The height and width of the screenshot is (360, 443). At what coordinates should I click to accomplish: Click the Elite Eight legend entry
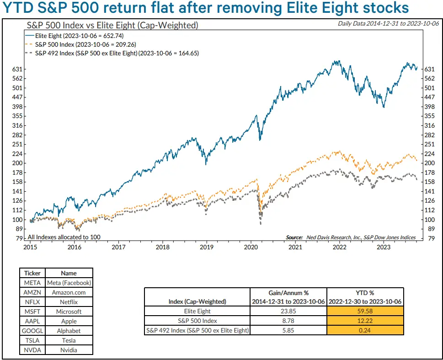(x=74, y=35)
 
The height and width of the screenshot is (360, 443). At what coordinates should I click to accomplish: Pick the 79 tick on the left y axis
(x=20, y=238)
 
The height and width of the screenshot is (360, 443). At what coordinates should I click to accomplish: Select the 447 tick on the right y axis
(x=429, y=97)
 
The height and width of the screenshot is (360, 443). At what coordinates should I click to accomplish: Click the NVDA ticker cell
(x=32, y=350)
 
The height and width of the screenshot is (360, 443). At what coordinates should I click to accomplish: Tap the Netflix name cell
(x=69, y=302)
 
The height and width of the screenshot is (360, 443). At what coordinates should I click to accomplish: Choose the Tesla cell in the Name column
(x=69, y=340)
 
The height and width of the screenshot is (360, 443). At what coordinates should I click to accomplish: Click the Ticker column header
(x=32, y=273)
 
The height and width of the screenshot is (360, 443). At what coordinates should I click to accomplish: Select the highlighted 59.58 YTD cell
(x=365, y=311)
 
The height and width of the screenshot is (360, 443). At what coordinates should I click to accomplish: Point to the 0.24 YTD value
(x=365, y=331)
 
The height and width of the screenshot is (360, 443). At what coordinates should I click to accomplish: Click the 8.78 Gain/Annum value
(x=288, y=321)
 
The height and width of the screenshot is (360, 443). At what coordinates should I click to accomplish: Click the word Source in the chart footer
(x=294, y=237)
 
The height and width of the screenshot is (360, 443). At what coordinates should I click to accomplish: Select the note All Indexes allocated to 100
(x=64, y=237)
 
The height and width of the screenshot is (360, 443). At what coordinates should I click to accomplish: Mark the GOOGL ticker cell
(x=32, y=331)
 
